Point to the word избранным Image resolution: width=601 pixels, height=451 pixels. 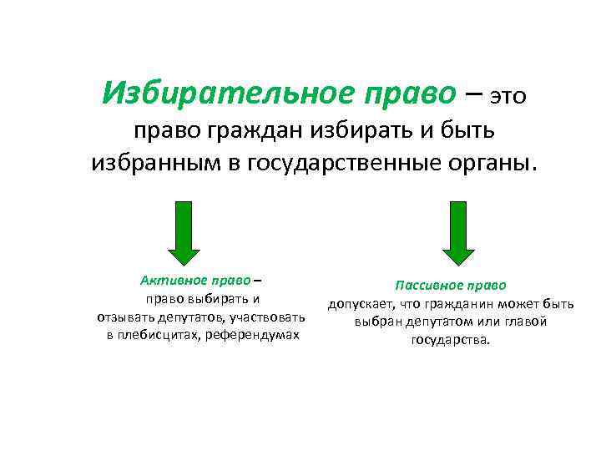(154, 163)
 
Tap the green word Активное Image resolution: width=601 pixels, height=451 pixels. (169, 281)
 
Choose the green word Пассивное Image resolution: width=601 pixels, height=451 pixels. (431, 286)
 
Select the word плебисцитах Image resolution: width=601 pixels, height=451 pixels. (156, 335)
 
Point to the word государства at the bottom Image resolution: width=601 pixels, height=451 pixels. (451, 341)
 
